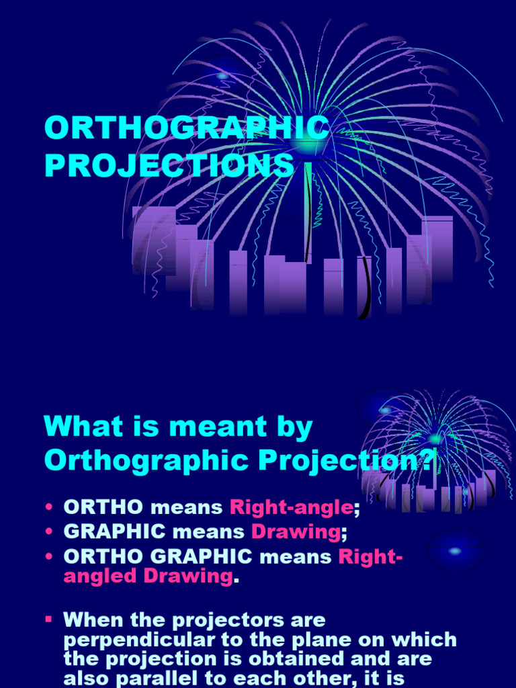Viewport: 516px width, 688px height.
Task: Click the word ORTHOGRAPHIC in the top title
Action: coord(187,128)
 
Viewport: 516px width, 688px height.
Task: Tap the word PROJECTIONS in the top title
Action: coord(169,166)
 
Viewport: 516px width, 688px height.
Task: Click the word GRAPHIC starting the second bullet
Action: coord(114,532)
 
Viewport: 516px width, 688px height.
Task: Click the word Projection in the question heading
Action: coord(323,461)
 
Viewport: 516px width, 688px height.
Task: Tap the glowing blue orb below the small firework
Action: coord(455,551)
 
